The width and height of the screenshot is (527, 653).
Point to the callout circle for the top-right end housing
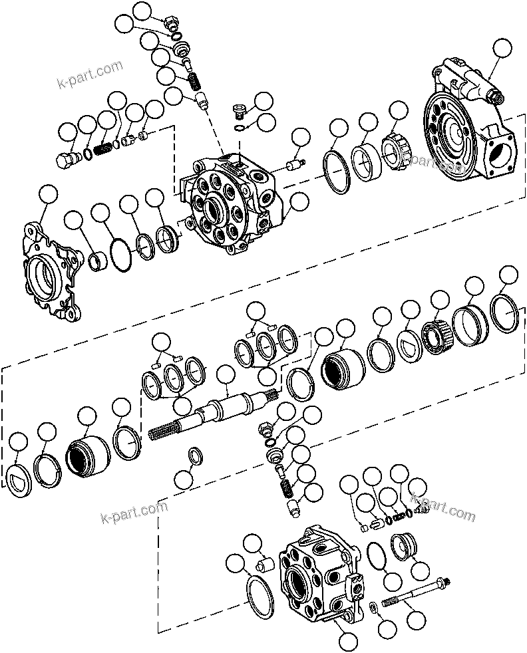(502, 48)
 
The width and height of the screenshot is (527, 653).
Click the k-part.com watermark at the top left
(90, 76)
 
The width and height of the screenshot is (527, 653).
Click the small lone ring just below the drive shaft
(197, 456)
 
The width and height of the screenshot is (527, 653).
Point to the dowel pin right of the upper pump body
(295, 163)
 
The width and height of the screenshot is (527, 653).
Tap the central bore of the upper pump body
(214, 209)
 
